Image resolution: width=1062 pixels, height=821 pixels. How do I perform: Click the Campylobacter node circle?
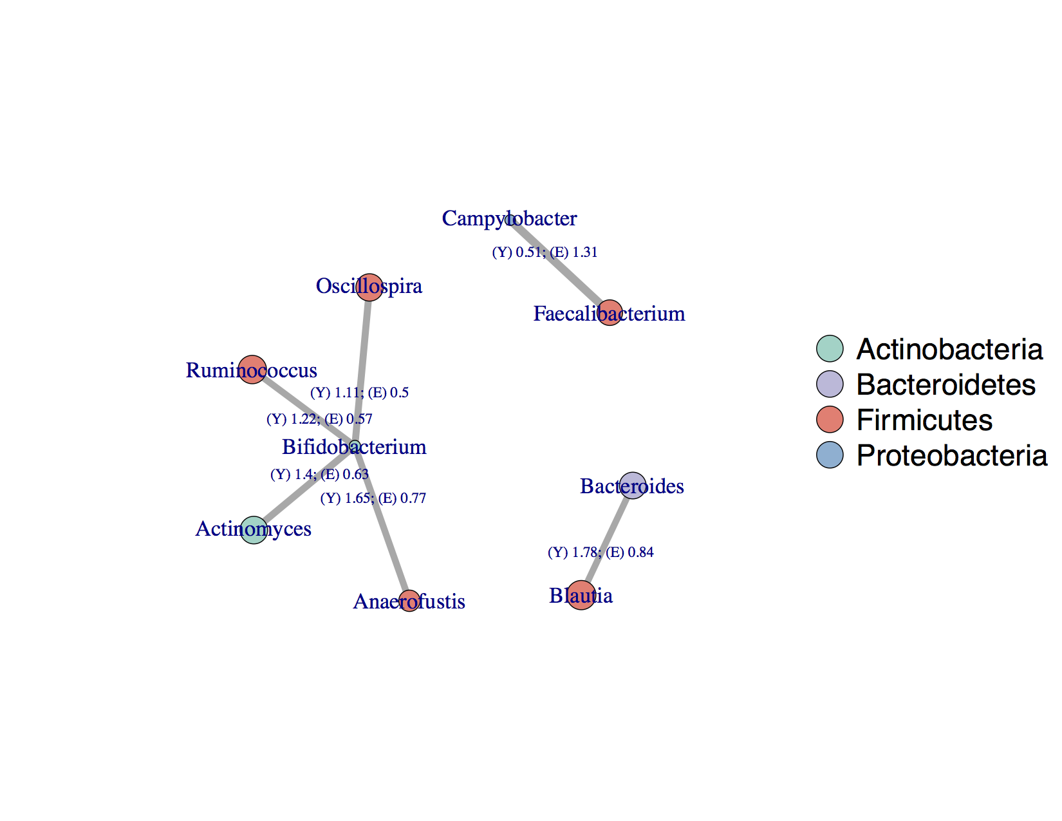tap(510, 220)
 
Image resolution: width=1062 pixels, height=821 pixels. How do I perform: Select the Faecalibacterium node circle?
tap(610, 313)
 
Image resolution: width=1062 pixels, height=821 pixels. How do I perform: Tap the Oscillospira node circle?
tap(369, 287)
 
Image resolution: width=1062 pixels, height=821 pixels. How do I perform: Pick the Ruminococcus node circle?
tap(252, 370)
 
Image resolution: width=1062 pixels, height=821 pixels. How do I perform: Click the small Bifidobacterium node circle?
tap(355, 446)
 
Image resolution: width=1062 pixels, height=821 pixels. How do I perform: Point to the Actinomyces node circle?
tap(254, 530)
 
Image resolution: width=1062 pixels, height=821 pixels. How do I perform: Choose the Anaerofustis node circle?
tap(409, 601)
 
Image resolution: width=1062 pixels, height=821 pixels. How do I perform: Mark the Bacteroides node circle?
tap(633, 486)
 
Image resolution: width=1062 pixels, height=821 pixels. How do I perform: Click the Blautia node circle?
tap(581, 595)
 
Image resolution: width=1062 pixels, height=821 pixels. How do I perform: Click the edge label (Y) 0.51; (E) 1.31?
tap(545, 252)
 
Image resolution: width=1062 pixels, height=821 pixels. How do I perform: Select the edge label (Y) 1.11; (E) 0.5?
tap(359, 393)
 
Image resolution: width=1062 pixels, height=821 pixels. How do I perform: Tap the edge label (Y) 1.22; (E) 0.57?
tap(319, 419)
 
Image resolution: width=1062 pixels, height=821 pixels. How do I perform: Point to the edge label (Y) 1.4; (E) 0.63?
tap(319, 475)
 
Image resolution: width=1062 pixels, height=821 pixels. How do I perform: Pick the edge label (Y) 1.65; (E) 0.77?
tap(373, 498)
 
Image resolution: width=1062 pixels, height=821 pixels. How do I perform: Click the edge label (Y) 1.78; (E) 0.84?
tap(601, 552)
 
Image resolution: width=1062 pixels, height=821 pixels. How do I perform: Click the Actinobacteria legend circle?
tap(830, 348)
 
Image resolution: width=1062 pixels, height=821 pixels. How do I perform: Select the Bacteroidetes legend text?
tap(946, 384)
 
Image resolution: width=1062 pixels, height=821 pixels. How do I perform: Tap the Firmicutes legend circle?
tap(830, 420)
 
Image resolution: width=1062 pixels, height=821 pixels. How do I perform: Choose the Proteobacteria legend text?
tap(951, 455)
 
